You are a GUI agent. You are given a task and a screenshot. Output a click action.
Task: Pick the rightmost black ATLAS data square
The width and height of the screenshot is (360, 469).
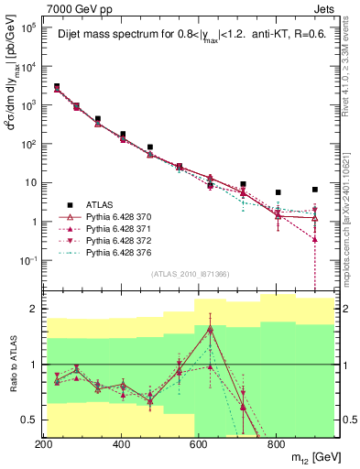pos(315,190)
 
